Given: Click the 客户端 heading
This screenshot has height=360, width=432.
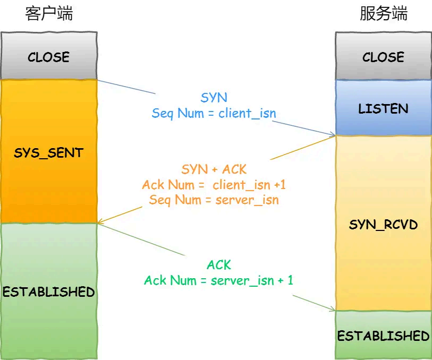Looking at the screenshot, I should pos(49,14).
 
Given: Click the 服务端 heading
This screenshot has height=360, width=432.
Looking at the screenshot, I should pos(383,14).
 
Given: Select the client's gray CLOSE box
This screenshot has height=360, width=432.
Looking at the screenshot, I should pos(49,57).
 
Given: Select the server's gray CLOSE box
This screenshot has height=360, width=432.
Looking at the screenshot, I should pos(383,57).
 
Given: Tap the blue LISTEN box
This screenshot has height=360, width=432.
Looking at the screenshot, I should pos(383,109).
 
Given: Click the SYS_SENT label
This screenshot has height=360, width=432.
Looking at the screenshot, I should pos(49,153).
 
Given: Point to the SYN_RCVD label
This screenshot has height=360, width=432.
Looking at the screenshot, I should pos(383,225).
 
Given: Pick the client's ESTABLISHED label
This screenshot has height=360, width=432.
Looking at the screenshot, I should pos(49,292).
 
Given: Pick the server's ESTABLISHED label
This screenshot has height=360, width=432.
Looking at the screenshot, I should pos(383,336).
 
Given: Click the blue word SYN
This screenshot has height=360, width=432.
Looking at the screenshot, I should pos(214,98).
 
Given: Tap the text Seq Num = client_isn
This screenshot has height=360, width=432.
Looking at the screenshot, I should pos(214,113).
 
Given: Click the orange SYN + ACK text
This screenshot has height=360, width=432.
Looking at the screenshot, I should pos(214,169).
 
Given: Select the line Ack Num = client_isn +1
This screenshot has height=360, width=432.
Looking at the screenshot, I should pos(214,185).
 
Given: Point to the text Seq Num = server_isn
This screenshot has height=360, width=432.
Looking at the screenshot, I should pos(214,200).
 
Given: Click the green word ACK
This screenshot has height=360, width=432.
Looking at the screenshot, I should pos(218,264).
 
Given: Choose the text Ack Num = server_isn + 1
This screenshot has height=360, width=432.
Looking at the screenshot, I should pos(218,280).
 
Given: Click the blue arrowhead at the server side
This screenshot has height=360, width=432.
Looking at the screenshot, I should pos(333,135).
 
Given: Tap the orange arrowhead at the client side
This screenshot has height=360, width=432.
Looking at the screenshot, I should pos(100,222).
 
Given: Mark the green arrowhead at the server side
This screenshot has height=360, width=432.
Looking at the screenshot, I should pos(333,310).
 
